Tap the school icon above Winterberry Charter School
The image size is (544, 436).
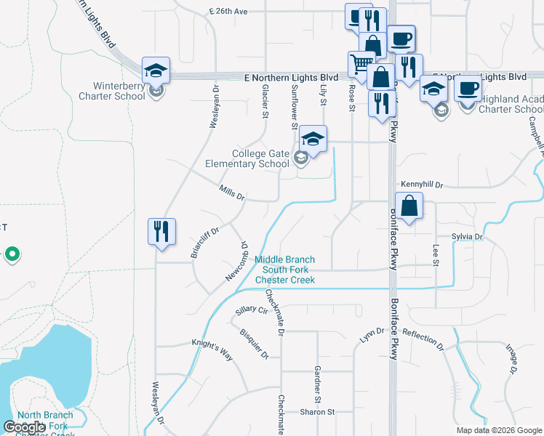[156, 70]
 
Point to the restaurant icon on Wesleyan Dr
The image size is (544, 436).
[161, 232]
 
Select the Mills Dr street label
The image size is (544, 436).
[232, 193]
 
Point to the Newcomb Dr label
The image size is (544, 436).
[237, 262]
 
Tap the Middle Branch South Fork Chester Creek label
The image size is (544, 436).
[284, 270]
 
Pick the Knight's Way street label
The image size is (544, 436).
[212, 349]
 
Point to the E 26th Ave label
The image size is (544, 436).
[228, 12]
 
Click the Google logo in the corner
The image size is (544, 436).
[25, 427]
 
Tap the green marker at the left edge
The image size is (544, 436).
[12, 254]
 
